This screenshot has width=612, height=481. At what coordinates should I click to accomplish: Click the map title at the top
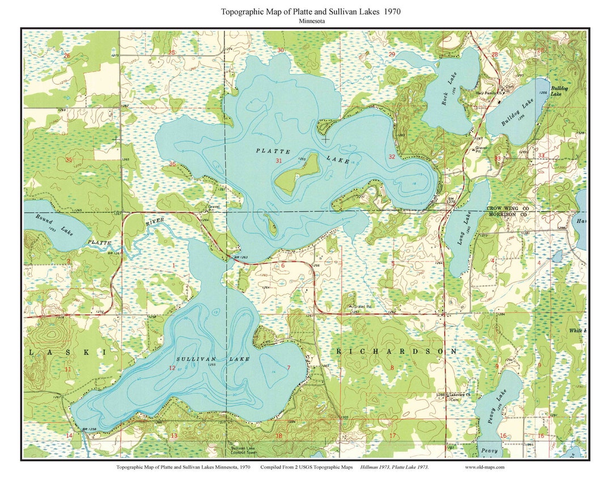(x=306, y=11)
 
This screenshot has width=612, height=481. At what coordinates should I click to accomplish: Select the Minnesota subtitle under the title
(x=306, y=21)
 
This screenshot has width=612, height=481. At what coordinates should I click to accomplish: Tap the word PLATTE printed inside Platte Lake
(x=273, y=151)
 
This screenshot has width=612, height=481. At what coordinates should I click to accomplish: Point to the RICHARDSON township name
(x=397, y=352)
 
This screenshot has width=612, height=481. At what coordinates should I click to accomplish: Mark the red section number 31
(x=278, y=161)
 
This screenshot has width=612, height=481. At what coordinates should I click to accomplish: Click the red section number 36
(x=172, y=164)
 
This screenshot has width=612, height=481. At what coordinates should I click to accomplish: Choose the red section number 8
(x=392, y=368)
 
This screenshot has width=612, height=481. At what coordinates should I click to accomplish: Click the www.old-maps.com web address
(x=484, y=467)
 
